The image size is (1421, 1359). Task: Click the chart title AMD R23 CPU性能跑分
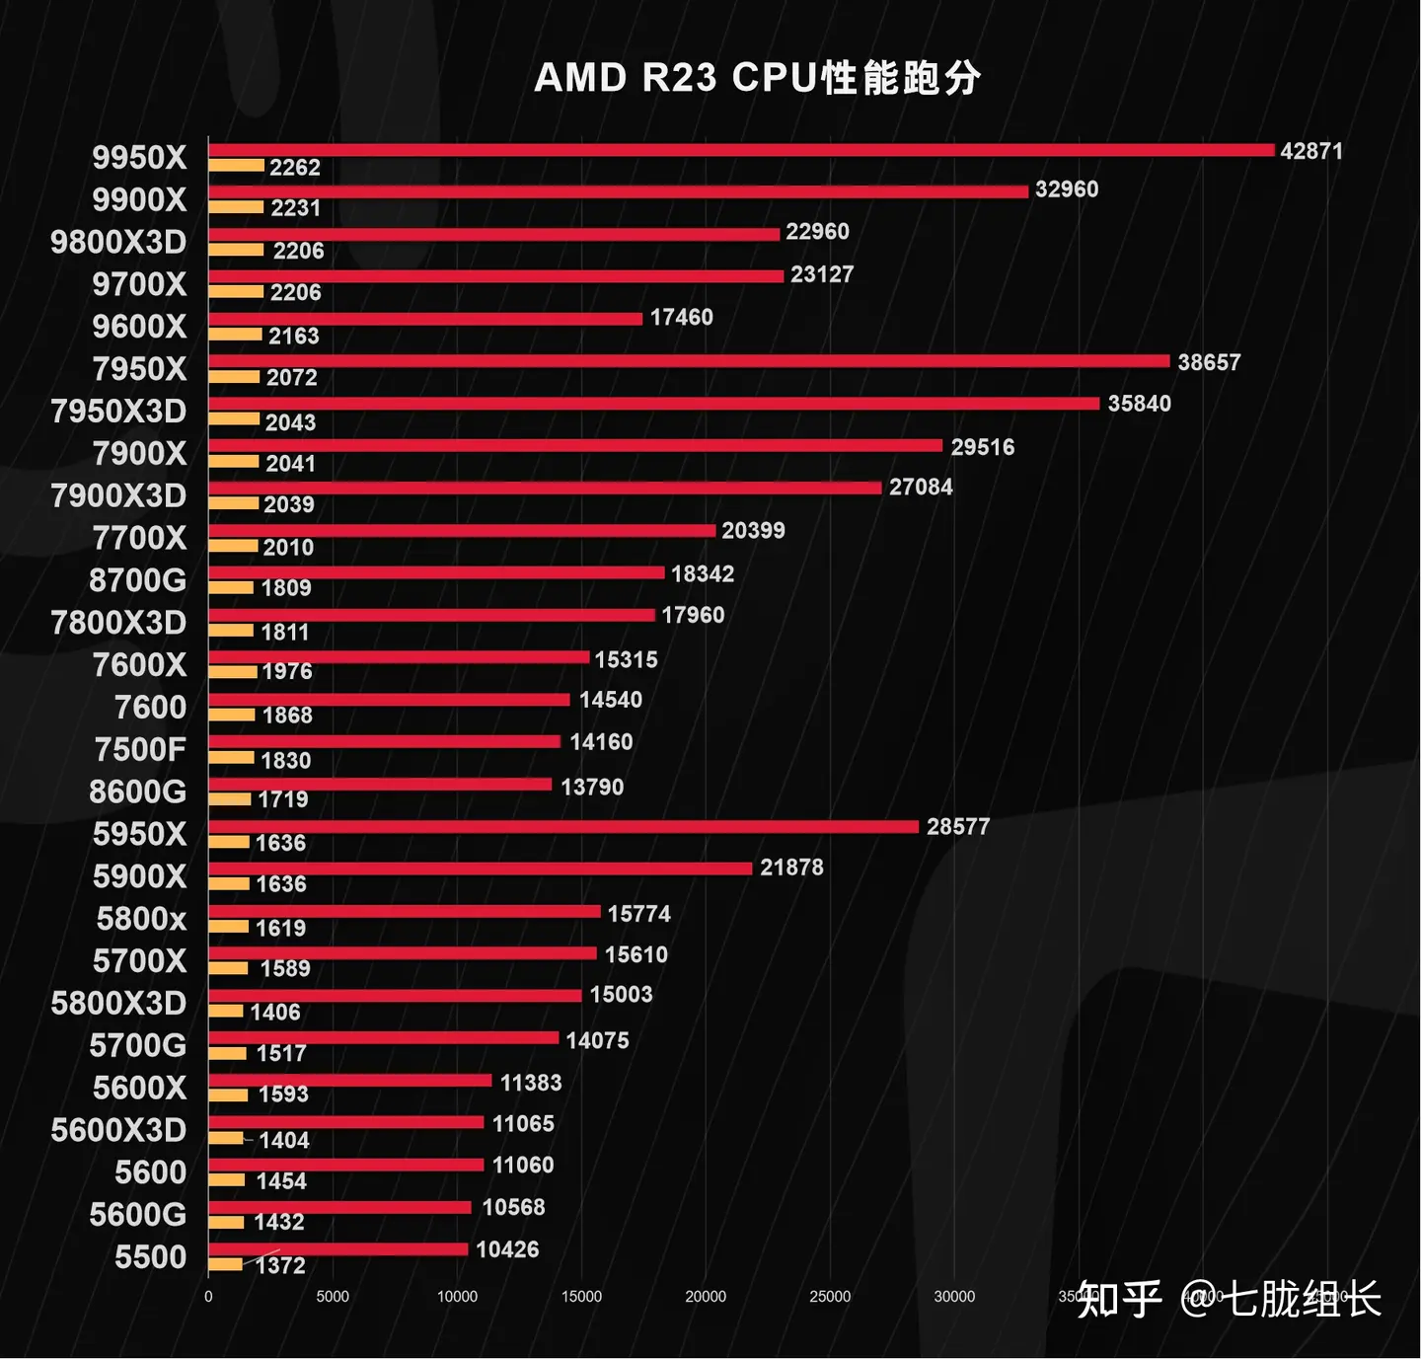[x=757, y=78]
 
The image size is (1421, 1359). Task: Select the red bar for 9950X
[x=740, y=150]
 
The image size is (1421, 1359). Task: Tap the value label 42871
[x=1310, y=151]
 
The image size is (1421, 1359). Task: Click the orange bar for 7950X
[x=234, y=377]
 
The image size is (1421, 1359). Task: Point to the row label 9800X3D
[x=118, y=242]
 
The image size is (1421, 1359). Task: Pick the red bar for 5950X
[x=562, y=826]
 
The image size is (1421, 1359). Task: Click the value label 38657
[x=1208, y=362]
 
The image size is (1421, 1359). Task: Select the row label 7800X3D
[x=118, y=623]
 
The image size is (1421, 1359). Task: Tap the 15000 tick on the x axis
[x=581, y=1297]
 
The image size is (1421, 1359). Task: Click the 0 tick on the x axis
[x=208, y=1297]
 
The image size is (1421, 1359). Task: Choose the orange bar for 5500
[x=225, y=1264]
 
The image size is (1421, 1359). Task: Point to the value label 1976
[x=286, y=671]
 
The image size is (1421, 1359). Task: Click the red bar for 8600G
[x=380, y=785]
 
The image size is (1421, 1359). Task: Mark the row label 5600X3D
[x=118, y=1130]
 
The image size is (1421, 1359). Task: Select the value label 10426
[x=507, y=1249]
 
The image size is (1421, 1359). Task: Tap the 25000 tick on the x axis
[x=830, y=1297]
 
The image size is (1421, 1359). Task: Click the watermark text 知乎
[x=1119, y=1299]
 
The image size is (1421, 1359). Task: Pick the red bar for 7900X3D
[x=545, y=488]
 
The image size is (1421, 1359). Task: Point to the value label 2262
[x=295, y=168]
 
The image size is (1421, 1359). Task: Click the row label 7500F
[x=140, y=750]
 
